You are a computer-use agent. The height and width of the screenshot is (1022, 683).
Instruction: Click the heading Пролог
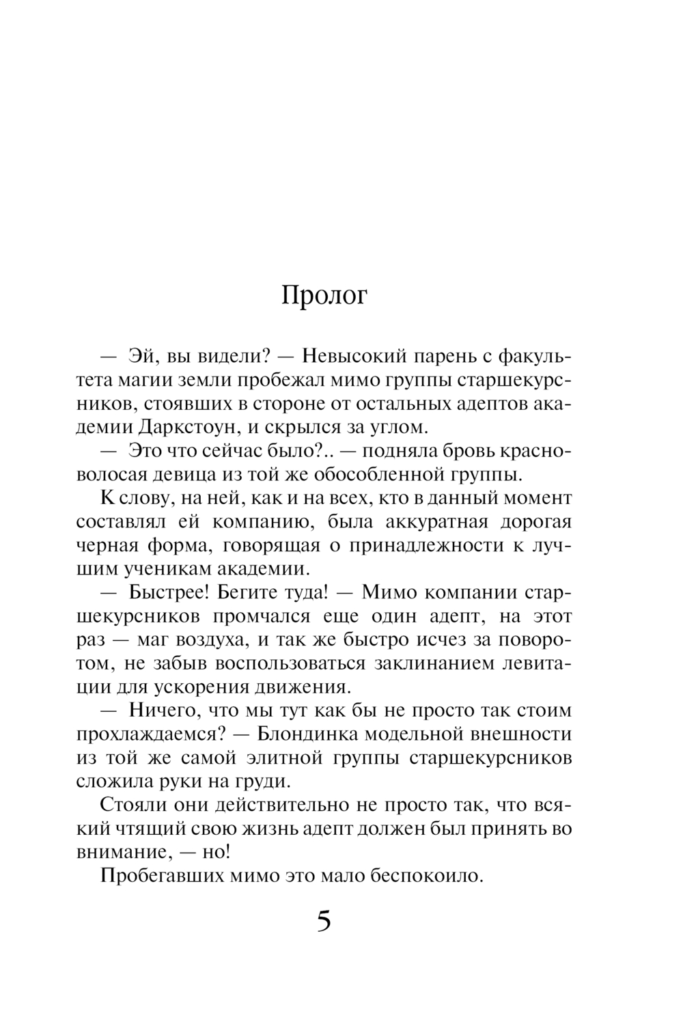coord(324,296)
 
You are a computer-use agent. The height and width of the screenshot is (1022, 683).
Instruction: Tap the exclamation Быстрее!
coord(163,592)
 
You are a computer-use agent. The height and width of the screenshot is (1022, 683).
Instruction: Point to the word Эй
coord(141,357)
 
